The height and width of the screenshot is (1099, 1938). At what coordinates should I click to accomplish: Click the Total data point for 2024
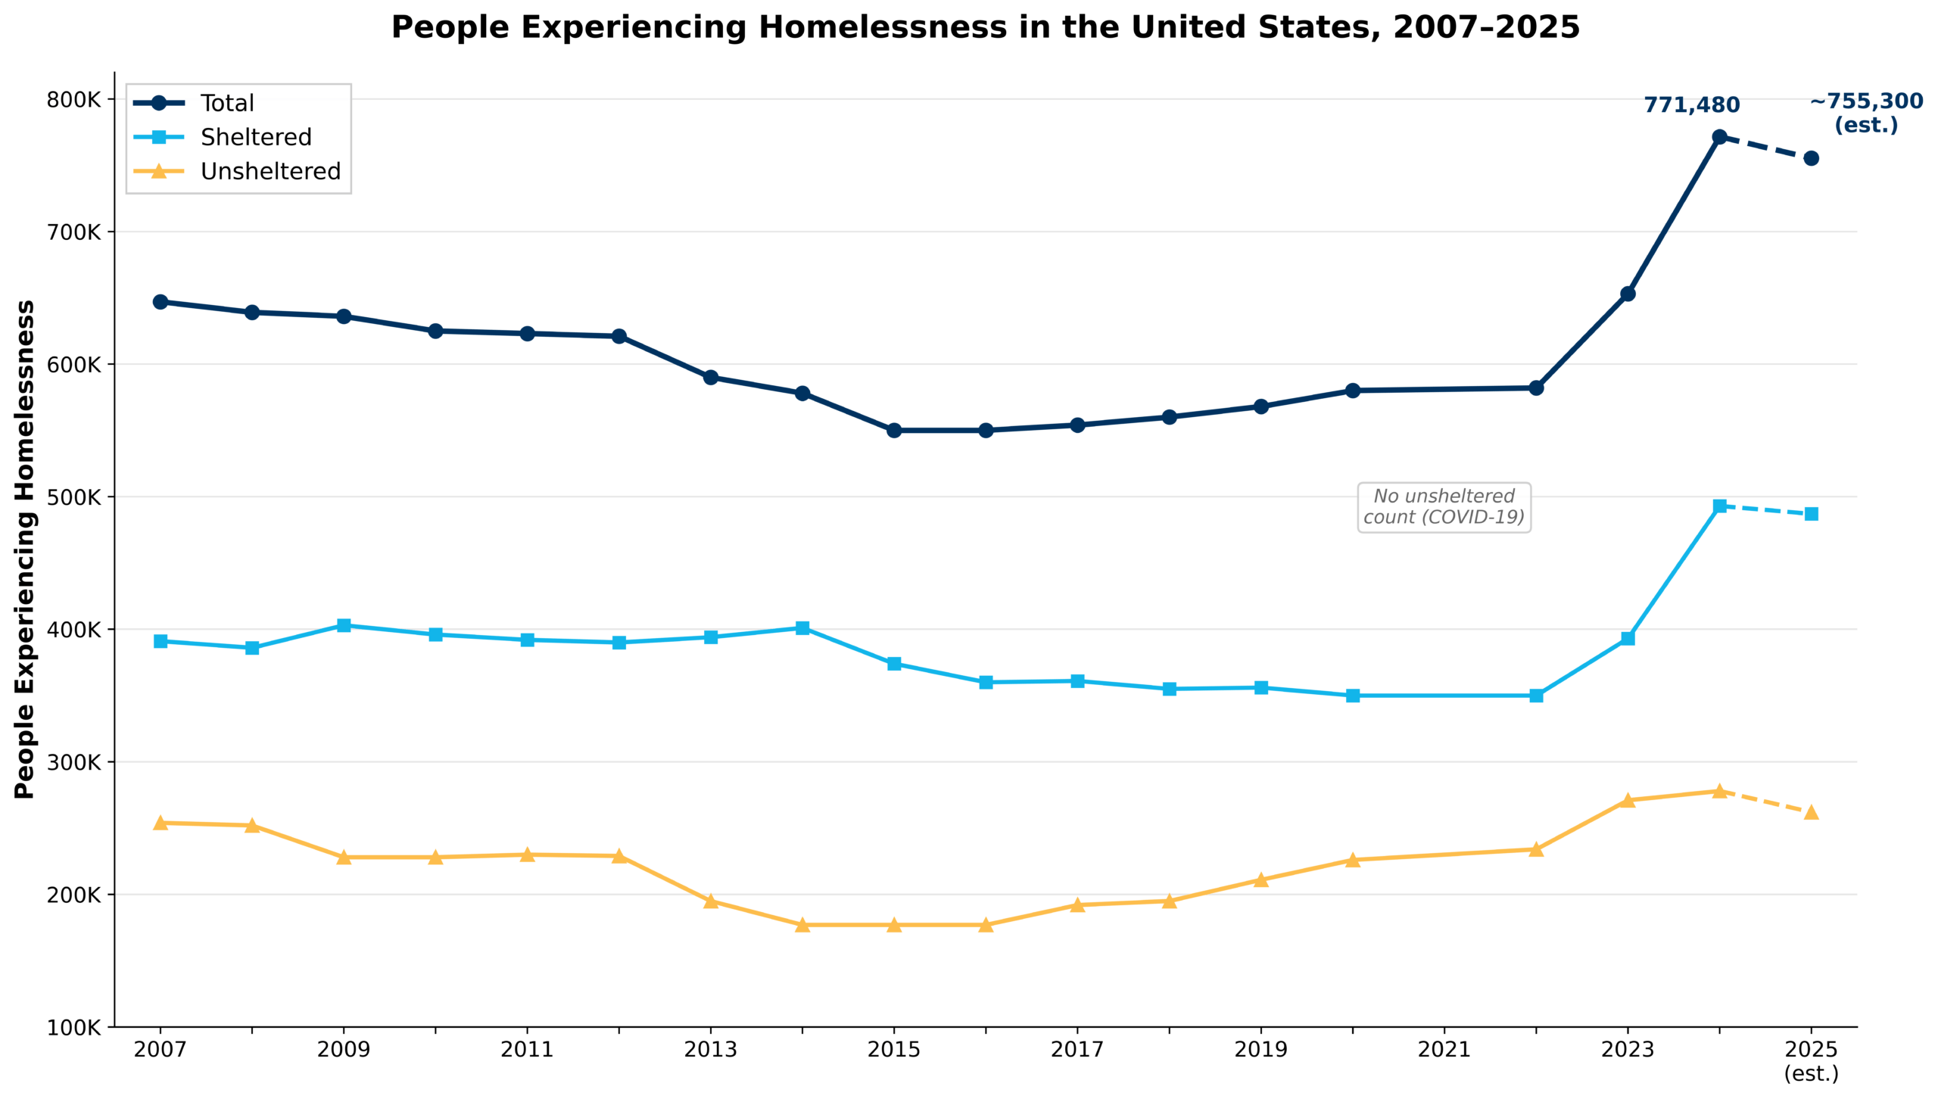[x=1719, y=137]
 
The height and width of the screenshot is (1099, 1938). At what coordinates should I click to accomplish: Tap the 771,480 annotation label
[x=1691, y=105]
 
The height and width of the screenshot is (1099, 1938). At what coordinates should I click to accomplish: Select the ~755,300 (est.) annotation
[x=1866, y=113]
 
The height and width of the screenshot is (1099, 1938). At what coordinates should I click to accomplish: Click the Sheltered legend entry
[x=255, y=137]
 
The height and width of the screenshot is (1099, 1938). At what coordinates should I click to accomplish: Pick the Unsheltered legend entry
[x=270, y=172]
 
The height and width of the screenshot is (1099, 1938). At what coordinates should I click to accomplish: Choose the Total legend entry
[x=226, y=103]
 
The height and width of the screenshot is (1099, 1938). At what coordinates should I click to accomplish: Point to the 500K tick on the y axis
[x=73, y=497]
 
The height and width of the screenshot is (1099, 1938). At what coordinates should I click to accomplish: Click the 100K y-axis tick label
[x=73, y=1028]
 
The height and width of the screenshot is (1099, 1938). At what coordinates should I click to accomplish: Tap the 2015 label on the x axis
[x=894, y=1050]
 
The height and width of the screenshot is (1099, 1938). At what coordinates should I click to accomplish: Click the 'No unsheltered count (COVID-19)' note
[x=1444, y=507]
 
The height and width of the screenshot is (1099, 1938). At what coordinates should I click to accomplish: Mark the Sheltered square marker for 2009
[x=344, y=625]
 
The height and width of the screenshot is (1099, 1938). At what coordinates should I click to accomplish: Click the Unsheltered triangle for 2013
[x=711, y=901]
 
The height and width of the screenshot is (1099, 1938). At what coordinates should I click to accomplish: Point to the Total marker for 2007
[x=160, y=302]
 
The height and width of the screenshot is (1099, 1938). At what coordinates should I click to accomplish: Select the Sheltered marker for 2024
[x=1719, y=506]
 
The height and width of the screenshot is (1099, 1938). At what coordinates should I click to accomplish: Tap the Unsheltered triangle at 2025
[x=1811, y=813]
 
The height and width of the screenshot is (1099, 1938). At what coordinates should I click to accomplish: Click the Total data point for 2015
[x=894, y=431]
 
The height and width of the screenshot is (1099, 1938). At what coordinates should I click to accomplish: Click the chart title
[x=985, y=27]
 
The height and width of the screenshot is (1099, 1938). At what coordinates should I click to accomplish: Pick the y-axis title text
[x=25, y=549]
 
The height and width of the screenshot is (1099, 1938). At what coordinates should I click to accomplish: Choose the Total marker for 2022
[x=1536, y=388]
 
